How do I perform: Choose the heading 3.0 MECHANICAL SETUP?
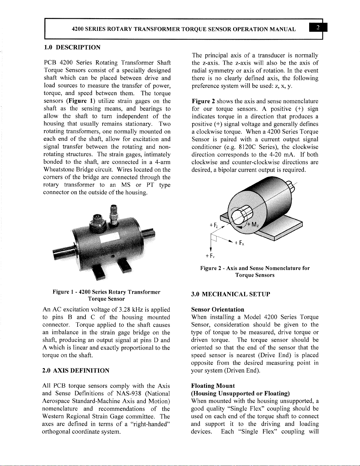click(230, 294)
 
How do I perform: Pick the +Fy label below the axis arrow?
click(210, 256)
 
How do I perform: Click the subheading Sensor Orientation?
click(217, 310)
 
